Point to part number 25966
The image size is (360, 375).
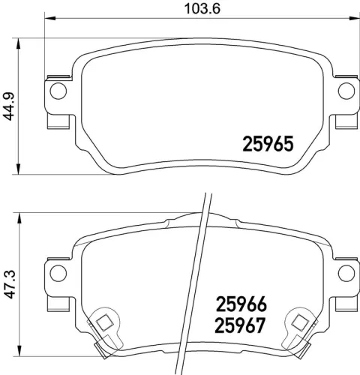[x=241, y=305]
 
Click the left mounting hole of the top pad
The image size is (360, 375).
[x=57, y=91]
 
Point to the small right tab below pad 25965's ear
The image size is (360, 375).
[x=348, y=120]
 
